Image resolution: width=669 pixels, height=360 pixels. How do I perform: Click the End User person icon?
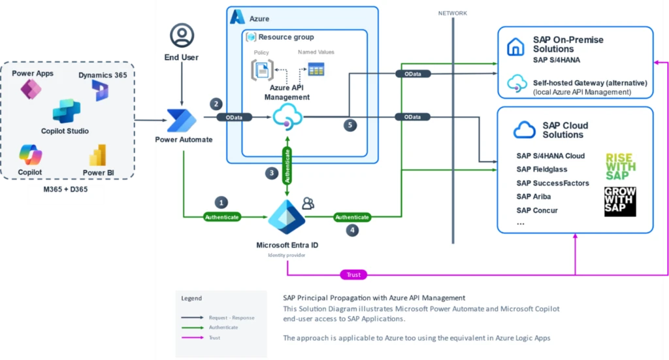pos(182,35)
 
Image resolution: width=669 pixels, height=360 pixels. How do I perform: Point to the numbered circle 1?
pos(222,203)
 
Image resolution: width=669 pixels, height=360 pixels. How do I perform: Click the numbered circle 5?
pos(351,125)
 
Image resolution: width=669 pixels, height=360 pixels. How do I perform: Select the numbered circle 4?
pos(353,230)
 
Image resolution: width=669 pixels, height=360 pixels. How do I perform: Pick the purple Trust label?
pos(353,274)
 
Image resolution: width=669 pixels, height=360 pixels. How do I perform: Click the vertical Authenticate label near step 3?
pos(286,164)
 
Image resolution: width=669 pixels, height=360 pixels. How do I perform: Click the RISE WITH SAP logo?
pos(620,166)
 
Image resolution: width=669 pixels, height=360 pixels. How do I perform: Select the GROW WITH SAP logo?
pos(620,201)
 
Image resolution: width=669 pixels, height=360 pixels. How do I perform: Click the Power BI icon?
pos(98,155)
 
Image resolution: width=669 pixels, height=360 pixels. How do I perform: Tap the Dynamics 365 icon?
pos(101,91)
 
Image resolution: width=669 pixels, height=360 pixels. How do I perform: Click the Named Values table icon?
pos(316,68)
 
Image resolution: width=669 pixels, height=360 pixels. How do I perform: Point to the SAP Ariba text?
pos(533,197)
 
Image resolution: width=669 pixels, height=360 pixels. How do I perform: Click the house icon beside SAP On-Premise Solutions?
pos(516,46)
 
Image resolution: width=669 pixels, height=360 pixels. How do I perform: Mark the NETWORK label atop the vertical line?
pos(452,13)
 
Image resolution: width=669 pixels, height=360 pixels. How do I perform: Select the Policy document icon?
pos(261,69)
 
